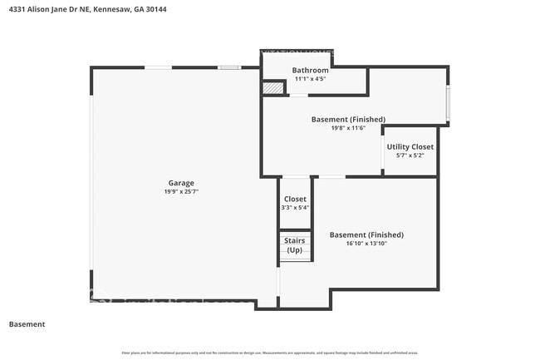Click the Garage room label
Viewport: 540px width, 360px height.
tap(181, 183)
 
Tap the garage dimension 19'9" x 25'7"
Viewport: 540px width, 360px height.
tap(181, 192)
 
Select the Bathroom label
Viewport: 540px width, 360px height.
tap(310, 71)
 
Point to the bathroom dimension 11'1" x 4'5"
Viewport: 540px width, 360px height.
tap(310, 80)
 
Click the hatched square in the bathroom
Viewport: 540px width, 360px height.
tap(271, 87)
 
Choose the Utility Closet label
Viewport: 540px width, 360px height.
tap(410, 146)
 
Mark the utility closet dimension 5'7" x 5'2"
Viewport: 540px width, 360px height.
tap(410, 155)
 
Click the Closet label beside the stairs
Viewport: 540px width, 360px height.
tap(295, 199)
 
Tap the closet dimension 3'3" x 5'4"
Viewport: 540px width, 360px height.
tap(295, 208)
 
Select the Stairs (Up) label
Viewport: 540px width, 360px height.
tap(295, 245)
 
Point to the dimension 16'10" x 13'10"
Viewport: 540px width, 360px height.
tap(366, 244)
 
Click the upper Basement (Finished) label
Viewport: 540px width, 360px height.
tap(348, 119)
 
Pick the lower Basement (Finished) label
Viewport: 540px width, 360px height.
tap(366, 234)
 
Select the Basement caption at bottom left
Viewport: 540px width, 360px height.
tap(27, 324)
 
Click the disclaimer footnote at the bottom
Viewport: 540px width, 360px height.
tap(270, 353)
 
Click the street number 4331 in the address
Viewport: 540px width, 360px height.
tap(17, 9)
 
